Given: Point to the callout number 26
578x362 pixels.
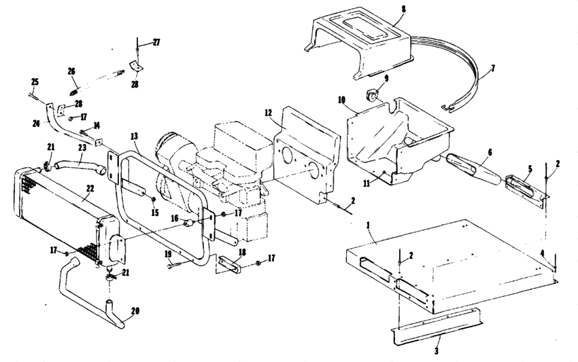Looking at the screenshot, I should pyautogui.click(x=71, y=71).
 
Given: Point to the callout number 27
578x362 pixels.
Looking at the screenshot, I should pyautogui.click(x=156, y=42).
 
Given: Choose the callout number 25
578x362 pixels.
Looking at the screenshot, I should pyautogui.click(x=34, y=82).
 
